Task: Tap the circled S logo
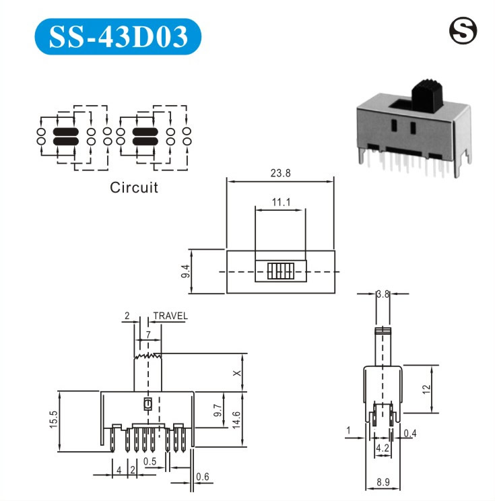pyautogui.click(x=463, y=32)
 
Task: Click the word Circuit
pyautogui.click(x=134, y=187)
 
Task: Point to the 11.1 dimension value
pyautogui.click(x=281, y=202)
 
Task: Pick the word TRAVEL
pyautogui.click(x=170, y=316)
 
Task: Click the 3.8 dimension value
pyautogui.click(x=383, y=294)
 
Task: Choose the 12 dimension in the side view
pyautogui.click(x=426, y=389)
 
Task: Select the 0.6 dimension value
pyautogui.click(x=202, y=478)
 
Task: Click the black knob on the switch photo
pyautogui.click(x=425, y=94)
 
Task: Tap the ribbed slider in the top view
pyautogui.click(x=279, y=271)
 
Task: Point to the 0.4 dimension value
pyautogui.click(x=410, y=433)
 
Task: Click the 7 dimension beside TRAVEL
pyautogui.click(x=147, y=335)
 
